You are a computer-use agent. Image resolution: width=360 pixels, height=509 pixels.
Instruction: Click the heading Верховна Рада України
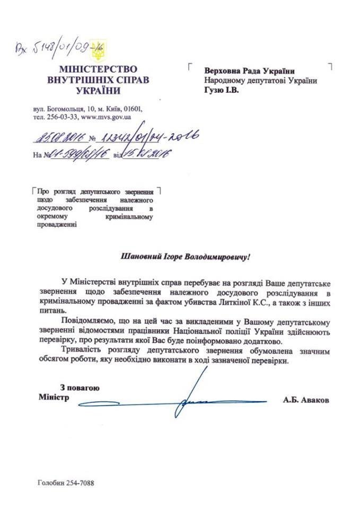pyautogui.click(x=249, y=71)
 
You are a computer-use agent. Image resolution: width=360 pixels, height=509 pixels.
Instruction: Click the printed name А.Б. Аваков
pyautogui.click(x=305, y=401)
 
